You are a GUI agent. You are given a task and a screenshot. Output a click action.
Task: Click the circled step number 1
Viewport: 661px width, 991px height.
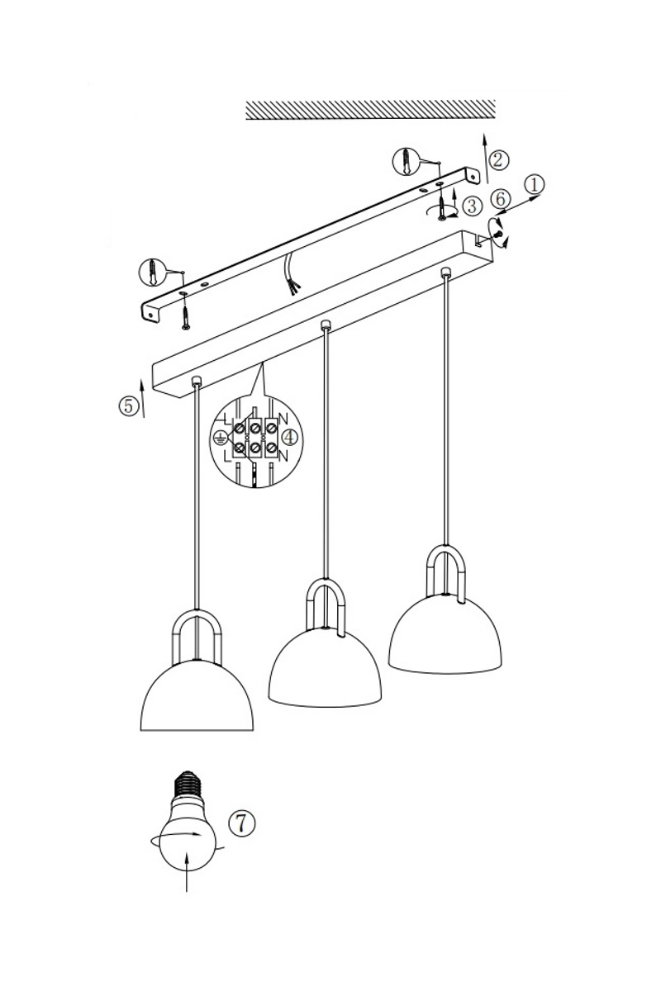[534, 184]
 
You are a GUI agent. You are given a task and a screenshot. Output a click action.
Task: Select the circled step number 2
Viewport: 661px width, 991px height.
[498, 159]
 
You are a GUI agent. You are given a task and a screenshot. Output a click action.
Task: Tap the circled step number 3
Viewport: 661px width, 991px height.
[472, 206]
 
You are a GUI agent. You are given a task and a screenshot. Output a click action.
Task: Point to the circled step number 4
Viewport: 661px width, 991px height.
[289, 438]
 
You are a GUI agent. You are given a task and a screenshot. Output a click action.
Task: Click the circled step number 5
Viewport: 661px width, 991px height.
[128, 405]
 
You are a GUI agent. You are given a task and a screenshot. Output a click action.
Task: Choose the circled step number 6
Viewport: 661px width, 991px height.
[500, 200]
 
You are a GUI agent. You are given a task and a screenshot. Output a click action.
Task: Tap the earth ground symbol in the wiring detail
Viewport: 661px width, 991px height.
[220, 439]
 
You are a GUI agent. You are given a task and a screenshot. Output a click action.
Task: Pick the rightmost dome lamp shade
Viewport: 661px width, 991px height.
[445, 634]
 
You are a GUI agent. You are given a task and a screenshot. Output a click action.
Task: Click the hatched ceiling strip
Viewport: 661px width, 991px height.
[370, 110]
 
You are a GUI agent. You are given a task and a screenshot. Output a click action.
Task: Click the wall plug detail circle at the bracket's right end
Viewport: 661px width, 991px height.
[406, 161]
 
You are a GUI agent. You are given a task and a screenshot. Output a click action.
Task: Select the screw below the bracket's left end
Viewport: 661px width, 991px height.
[186, 314]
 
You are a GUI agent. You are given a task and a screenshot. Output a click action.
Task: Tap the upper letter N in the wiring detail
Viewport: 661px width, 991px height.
[283, 419]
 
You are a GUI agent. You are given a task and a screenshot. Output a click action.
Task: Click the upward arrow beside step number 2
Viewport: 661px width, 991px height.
[486, 158]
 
